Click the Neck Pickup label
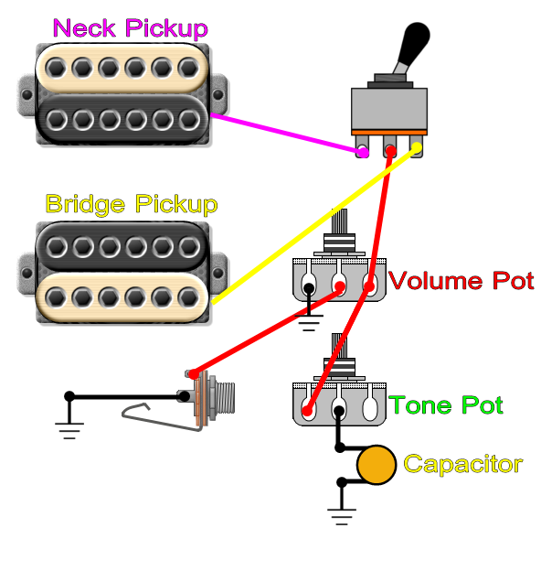point(131,28)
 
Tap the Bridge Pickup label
point(132,204)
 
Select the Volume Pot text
point(461,281)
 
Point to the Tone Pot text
point(446,404)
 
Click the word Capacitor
point(463,464)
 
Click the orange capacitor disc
point(377,465)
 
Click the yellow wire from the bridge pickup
point(314,225)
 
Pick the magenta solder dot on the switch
point(363,152)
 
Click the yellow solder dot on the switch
point(417,147)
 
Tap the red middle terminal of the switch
point(390,150)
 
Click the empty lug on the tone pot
point(370,407)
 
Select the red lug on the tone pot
point(308,411)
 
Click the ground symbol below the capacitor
point(342,516)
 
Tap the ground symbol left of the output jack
point(69,430)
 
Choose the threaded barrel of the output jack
point(225,398)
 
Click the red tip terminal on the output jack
point(194,373)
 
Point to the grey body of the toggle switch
point(389,109)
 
